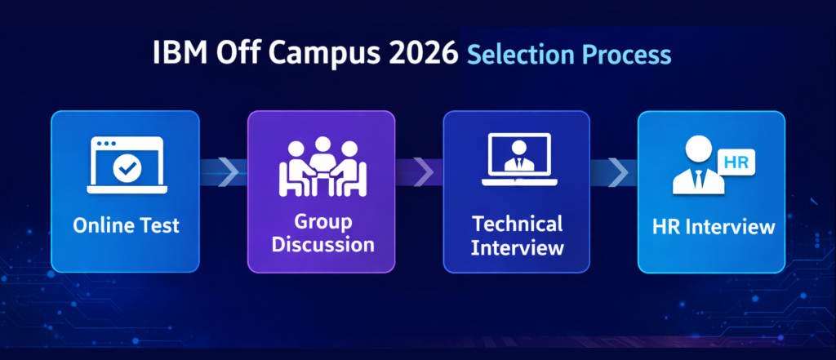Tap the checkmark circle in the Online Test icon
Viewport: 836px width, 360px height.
point(127,169)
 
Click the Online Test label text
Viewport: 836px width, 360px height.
point(127,225)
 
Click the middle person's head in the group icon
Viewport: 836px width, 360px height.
point(322,145)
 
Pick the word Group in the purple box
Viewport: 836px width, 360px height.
point(323,222)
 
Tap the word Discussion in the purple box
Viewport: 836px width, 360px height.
point(322,245)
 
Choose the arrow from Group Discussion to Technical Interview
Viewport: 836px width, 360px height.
point(424,171)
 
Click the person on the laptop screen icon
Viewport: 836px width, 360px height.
point(519,156)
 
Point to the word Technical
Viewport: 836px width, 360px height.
point(517,224)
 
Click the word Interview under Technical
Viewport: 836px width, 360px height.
point(517,247)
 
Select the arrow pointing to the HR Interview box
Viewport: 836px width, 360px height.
point(619,171)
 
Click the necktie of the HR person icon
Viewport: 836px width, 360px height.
point(699,180)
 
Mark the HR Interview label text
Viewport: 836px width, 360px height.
point(714,227)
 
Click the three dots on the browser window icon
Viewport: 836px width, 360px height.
point(105,144)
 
